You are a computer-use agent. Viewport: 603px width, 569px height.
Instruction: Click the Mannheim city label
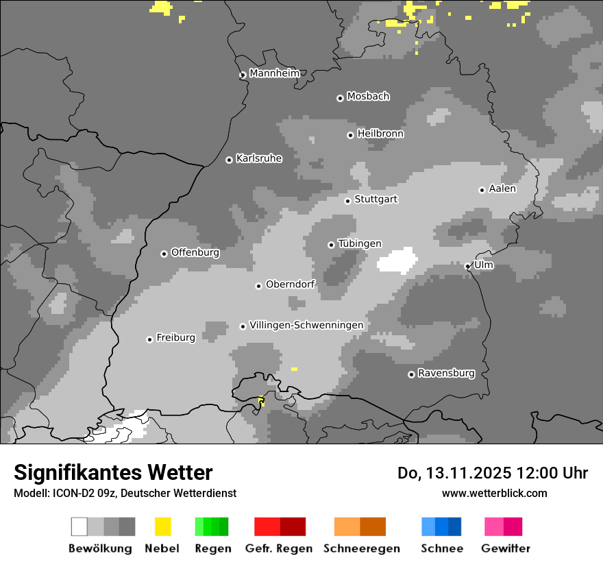point(275,73)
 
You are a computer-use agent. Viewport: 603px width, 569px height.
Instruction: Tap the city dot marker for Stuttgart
point(348,201)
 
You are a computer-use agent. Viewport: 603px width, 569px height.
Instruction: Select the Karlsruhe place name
point(259,158)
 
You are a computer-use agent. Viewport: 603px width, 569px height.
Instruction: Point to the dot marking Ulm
point(468,267)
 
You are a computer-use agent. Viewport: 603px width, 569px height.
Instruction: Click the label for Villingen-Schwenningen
point(306,325)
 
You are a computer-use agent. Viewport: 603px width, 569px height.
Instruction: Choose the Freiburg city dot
point(149,339)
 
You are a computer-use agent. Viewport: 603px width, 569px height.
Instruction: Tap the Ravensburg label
point(446,374)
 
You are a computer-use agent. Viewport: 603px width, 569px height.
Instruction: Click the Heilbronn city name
point(380,134)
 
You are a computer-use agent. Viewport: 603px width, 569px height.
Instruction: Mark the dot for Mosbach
point(340,98)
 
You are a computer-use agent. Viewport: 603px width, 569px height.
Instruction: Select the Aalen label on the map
point(502,189)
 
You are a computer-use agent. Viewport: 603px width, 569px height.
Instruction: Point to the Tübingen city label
point(360,243)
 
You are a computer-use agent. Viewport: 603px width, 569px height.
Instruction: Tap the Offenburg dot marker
point(164,254)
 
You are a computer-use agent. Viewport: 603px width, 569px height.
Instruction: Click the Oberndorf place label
point(290,284)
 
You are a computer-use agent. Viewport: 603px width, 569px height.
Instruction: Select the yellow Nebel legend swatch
point(162,526)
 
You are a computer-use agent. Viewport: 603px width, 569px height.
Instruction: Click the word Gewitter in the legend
point(506,548)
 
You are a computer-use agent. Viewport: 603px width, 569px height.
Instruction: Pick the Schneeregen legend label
point(361,548)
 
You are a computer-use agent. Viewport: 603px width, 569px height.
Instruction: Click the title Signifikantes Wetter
point(113,472)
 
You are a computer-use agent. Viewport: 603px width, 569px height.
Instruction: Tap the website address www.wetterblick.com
point(494,493)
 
